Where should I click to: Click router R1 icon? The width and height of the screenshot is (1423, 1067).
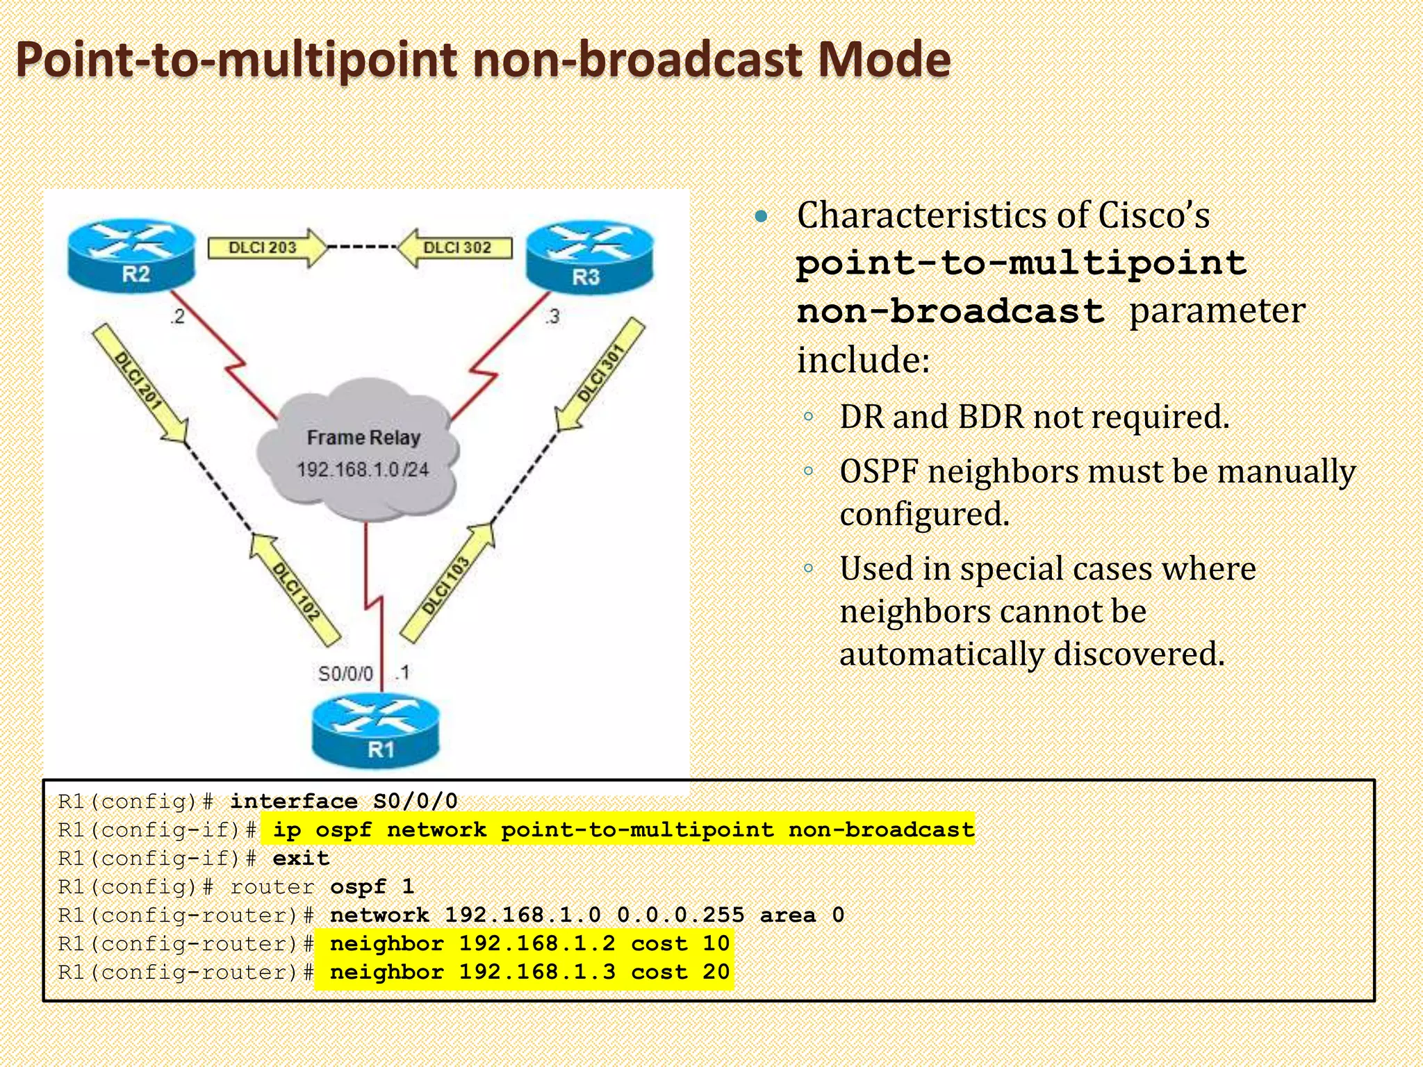376,733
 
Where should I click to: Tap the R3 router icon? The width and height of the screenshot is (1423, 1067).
589,258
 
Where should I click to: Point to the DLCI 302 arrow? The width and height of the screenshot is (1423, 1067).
455,247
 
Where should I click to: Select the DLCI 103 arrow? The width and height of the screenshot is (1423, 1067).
448,584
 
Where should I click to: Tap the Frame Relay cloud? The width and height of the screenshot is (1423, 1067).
359,452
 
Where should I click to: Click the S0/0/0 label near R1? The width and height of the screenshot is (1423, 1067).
345,674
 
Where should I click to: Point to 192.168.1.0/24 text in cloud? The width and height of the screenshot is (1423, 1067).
362,470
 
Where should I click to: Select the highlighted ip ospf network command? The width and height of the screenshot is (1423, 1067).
623,829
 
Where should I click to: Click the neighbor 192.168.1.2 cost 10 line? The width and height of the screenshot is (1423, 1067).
529,943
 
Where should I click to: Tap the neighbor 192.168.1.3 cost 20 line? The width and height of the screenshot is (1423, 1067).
529,972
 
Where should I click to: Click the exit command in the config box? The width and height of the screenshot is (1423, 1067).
300,859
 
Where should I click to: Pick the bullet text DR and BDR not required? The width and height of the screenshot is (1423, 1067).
1034,417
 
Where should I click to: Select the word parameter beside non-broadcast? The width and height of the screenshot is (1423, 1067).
1217,311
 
